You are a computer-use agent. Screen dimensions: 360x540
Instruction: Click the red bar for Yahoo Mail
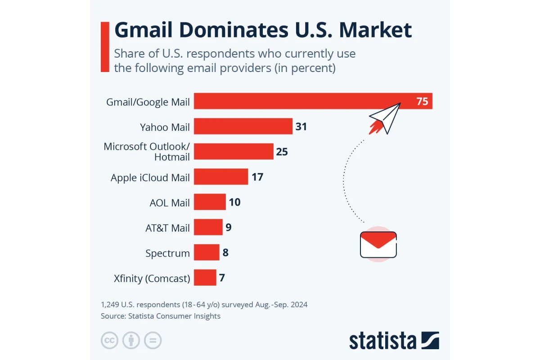[x=243, y=126]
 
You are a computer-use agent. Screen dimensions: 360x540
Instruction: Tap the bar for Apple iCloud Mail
[x=221, y=177]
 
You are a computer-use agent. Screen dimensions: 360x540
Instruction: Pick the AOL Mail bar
[x=210, y=202]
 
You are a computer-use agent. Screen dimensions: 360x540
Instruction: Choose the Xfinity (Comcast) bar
[x=205, y=278]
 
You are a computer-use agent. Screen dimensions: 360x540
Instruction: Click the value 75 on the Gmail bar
[x=422, y=101]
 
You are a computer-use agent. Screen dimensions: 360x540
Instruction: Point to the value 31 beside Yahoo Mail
[x=301, y=126]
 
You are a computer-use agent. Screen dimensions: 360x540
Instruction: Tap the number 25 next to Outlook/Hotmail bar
[x=282, y=152]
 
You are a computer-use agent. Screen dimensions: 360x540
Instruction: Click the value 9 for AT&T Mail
[x=229, y=227]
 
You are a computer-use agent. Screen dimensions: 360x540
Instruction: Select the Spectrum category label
[x=167, y=253]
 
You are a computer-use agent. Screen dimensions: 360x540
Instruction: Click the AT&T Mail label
[x=167, y=228]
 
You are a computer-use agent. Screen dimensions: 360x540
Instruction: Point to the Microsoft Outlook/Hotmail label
[x=147, y=152]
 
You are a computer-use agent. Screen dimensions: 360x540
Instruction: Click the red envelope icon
[x=378, y=244]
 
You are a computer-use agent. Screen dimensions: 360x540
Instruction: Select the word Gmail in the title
[x=142, y=30]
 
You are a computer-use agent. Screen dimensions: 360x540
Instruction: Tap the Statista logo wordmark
[x=382, y=341]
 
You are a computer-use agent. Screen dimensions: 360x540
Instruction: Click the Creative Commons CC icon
[x=109, y=341]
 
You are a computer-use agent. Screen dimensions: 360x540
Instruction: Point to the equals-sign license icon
[x=153, y=341]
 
